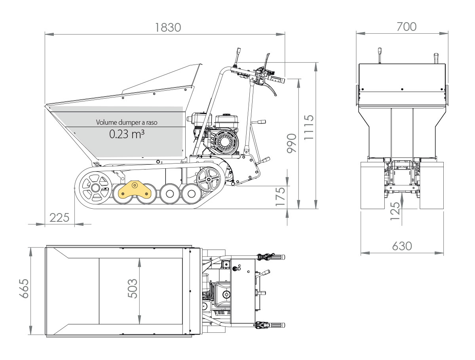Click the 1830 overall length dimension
(x=168, y=27)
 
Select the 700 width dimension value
(x=407, y=27)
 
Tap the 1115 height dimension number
(x=309, y=127)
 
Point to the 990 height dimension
(x=291, y=143)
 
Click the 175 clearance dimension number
(x=281, y=196)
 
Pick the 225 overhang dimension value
(x=59, y=217)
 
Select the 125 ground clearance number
(x=395, y=211)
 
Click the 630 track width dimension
(x=402, y=246)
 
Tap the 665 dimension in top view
(x=24, y=288)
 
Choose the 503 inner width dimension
(x=133, y=289)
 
